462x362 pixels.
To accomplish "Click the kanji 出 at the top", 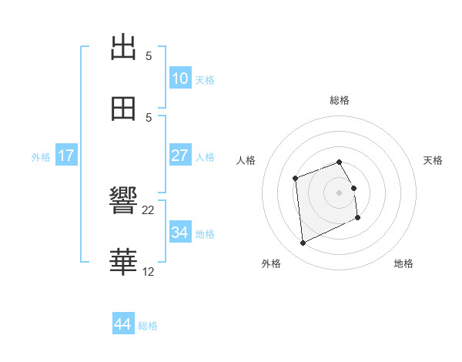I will pyautogui.click(x=124, y=47).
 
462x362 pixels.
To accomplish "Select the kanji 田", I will pyautogui.click(x=124, y=109).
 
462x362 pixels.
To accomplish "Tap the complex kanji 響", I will pyautogui.click(x=124, y=202).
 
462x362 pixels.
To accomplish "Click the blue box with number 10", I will pyautogui.click(x=180, y=79).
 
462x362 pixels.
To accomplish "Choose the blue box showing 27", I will pyautogui.click(x=180, y=156).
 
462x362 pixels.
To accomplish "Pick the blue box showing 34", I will pyautogui.click(x=180, y=232).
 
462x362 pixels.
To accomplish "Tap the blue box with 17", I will pyautogui.click(x=66, y=156).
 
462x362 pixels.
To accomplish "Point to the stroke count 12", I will pyautogui.click(x=149, y=271).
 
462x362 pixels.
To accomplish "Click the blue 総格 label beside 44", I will pyautogui.click(x=148, y=326).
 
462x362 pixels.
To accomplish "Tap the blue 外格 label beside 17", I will pyautogui.click(x=41, y=157).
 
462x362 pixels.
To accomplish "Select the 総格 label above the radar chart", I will pyautogui.click(x=340, y=100).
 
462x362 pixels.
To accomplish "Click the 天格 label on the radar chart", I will pyautogui.click(x=434, y=160).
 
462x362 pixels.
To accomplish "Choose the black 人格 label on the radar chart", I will pyautogui.click(x=246, y=160).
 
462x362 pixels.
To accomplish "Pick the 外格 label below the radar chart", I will pyautogui.click(x=271, y=263).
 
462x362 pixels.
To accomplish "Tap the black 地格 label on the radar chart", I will pyautogui.click(x=403, y=263).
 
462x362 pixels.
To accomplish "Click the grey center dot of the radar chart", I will pyautogui.click(x=340, y=192).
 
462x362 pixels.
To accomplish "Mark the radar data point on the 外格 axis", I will pyautogui.click(x=303, y=243).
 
